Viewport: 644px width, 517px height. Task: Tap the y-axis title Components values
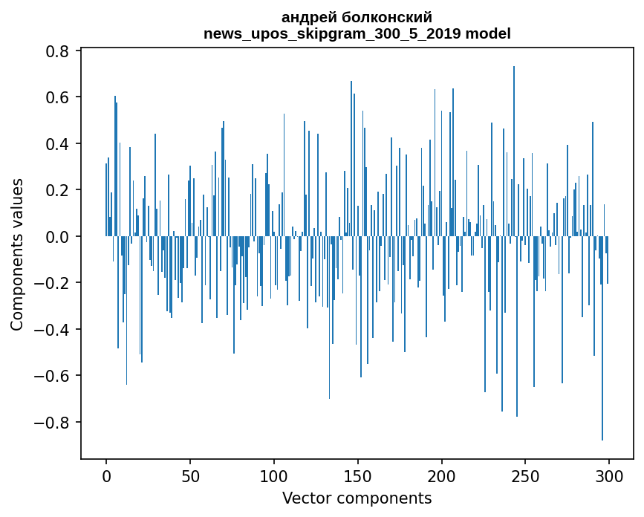tap(16, 255)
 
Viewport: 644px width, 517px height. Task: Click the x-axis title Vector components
tap(357, 498)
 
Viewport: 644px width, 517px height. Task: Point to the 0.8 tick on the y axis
tap(59, 51)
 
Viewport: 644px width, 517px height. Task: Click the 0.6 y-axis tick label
tap(59, 97)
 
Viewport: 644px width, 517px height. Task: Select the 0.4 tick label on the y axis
tap(59, 144)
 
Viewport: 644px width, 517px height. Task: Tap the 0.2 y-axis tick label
tap(59, 190)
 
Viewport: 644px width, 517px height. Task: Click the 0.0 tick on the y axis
tap(59, 237)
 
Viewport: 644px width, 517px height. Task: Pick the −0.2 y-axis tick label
tap(53, 283)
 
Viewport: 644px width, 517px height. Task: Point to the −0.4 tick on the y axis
tap(53, 330)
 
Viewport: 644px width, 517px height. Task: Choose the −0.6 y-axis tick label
tap(53, 376)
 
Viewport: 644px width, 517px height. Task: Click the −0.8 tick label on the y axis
tap(53, 423)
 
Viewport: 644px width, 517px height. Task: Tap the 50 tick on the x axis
tap(190, 475)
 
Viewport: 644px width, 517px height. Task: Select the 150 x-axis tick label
tap(358, 475)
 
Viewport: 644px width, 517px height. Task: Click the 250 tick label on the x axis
tap(526, 475)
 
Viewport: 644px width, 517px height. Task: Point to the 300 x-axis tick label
tap(609, 475)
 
